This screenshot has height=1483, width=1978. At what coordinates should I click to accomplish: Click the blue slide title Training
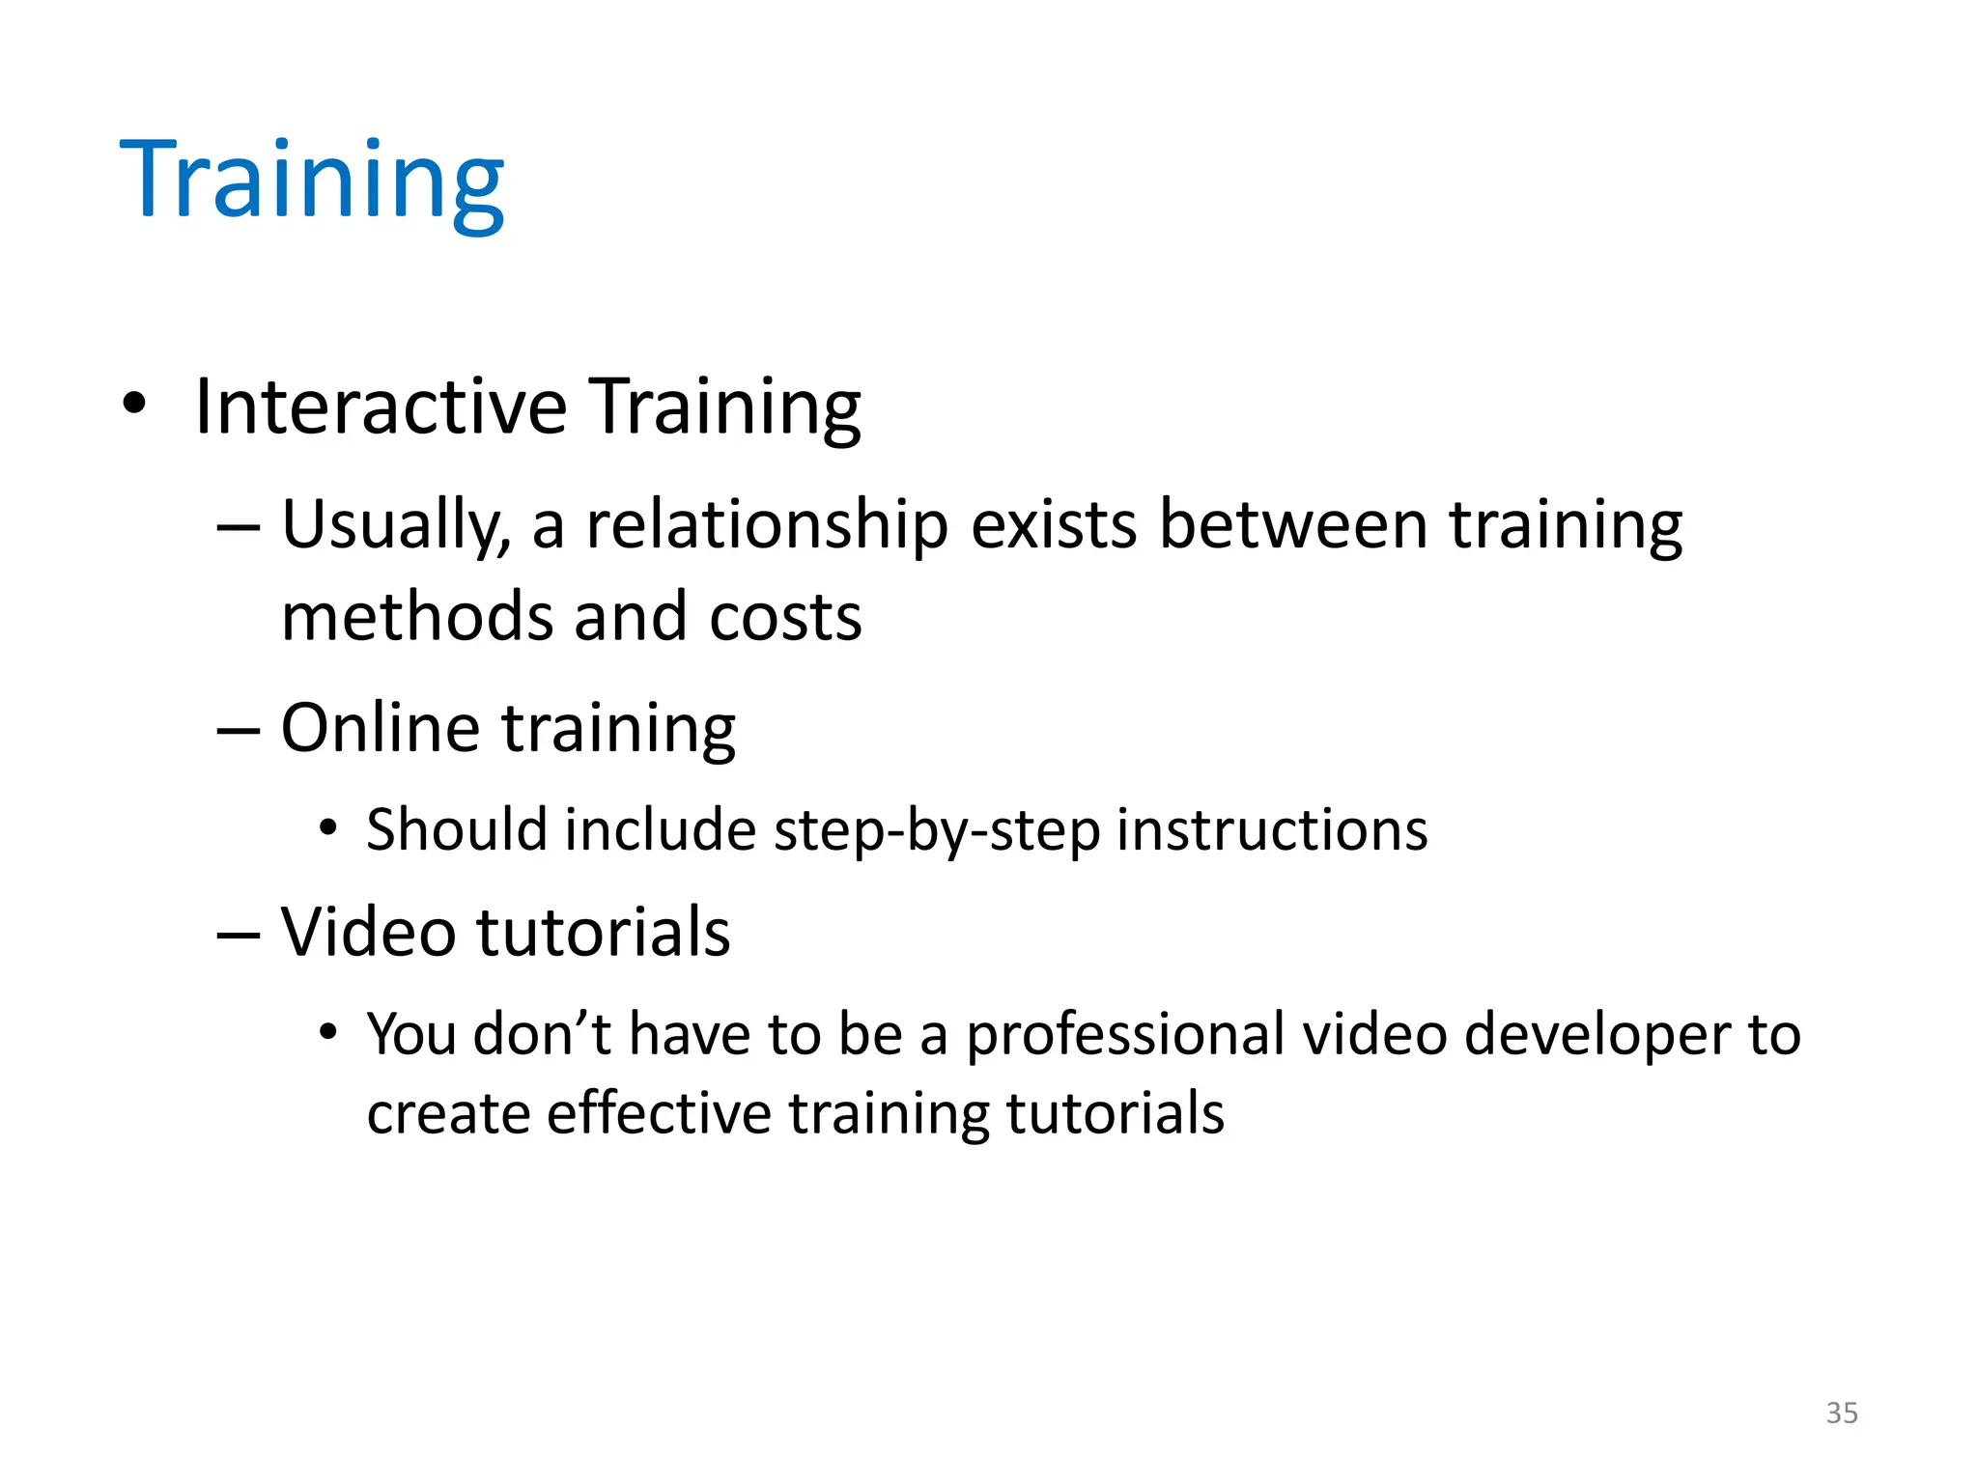[311, 182]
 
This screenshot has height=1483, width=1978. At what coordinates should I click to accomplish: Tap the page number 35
[1842, 1413]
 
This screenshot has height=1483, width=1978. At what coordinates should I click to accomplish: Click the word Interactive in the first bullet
[381, 406]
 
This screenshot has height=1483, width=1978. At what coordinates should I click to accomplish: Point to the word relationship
[767, 526]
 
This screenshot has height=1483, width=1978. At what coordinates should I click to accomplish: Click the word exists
[1054, 526]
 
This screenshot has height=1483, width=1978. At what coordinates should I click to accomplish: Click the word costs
[785, 617]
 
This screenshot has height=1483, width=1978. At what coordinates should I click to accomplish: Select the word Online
[380, 728]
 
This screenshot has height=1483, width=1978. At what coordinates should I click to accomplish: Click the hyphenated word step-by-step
[937, 830]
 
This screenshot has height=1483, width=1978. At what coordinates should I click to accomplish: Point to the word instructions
[1272, 830]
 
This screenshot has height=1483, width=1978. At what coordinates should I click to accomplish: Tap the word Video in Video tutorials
[368, 933]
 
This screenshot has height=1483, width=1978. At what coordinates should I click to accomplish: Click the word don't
[542, 1034]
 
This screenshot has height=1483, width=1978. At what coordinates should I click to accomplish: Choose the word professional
[1126, 1034]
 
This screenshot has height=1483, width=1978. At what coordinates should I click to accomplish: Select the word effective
[659, 1113]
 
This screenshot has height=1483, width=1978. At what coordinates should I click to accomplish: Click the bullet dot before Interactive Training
[134, 404]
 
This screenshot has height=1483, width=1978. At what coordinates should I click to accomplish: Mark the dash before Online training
[239, 731]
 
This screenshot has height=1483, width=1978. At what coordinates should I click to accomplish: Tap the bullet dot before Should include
[329, 828]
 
